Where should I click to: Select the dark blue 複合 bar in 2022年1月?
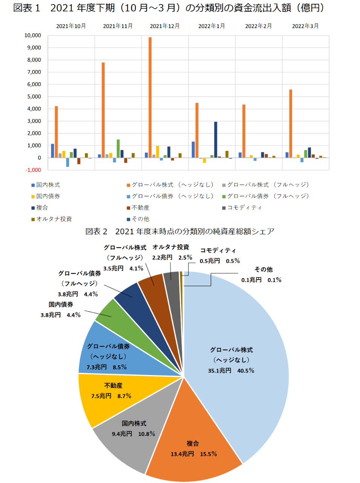coord(215,140)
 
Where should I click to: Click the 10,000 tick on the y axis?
coord(33,35)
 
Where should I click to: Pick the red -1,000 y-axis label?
coord(33,170)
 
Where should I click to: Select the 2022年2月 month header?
coord(258,26)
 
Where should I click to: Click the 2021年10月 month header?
coord(71,26)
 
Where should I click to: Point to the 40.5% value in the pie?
coord(246,371)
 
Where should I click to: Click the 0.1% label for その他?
coord(274,280)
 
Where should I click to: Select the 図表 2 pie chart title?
coord(180,231)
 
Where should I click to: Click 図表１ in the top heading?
coord(26,8)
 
